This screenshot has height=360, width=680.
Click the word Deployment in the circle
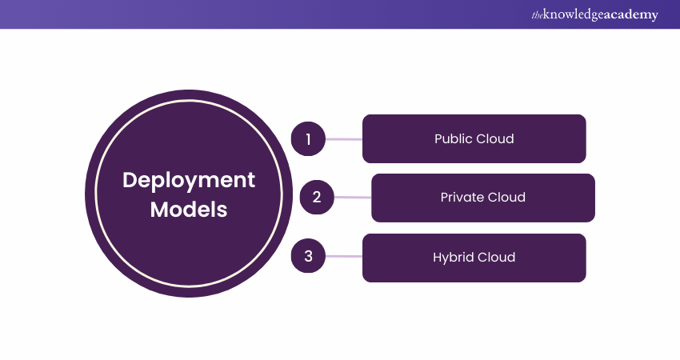pyautogui.click(x=189, y=181)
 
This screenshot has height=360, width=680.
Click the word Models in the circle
pyautogui.click(x=189, y=210)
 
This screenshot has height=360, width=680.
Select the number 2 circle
pyautogui.click(x=317, y=197)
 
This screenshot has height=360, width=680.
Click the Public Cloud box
pyautogui.click(x=474, y=139)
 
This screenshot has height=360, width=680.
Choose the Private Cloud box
pyautogui.click(x=483, y=197)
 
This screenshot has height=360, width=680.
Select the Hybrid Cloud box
pyautogui.click(x=474, y=257)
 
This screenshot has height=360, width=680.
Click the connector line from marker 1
pyautogui.click(x=344, y=139)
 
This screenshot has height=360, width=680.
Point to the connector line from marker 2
pyautogui.click(x=352, y=197)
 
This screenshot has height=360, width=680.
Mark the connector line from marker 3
pyautogui.click(x=344, y=257)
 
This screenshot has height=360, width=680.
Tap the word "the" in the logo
pyautogui.click(x=536, y=15)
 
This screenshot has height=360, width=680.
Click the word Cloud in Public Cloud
pyautogui.click(x=494, y=139)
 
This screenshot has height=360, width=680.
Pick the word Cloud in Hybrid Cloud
pyautogui.click(x=496, y=257)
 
